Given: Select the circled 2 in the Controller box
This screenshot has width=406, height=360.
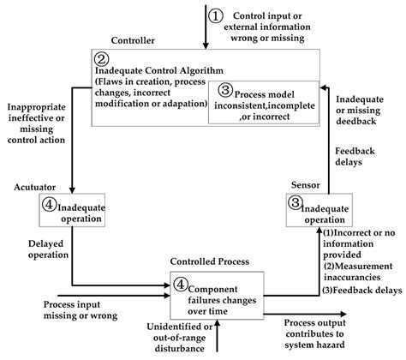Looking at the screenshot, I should click(x=101, y=59).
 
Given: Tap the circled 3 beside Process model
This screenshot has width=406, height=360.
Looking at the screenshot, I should click(x=224, y=89).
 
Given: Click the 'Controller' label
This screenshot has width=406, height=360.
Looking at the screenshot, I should click(x=132, y=40).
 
